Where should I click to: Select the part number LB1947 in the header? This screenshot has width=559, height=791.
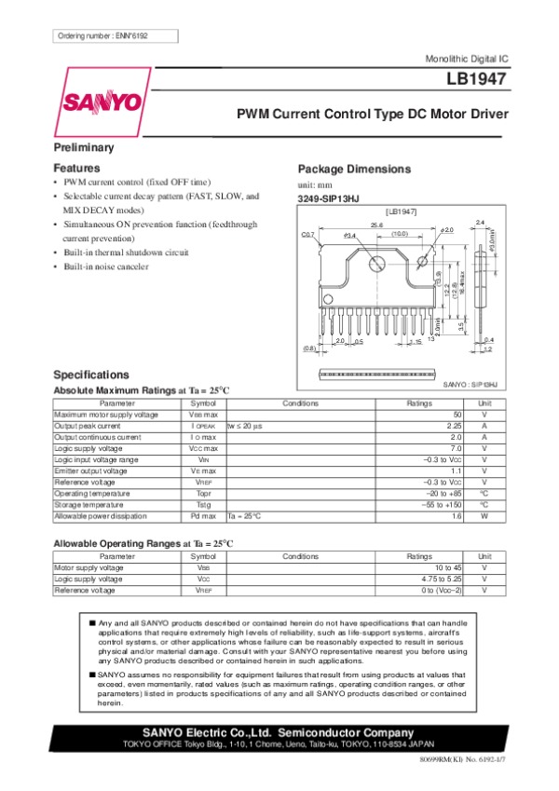[x=476, y=80]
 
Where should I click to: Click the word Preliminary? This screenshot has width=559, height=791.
[x=84, y=148]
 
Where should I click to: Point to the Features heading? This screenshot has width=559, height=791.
[x=76, y=168]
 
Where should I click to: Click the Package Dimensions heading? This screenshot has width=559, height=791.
[x=353, y=169]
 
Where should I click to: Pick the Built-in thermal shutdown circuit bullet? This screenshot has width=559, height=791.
[x=126, y=253]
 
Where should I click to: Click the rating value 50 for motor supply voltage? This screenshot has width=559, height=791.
[x=457, y=414]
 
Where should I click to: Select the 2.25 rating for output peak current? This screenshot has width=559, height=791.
[x=454, y=425]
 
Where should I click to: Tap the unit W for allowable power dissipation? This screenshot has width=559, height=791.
[x=484, y=515]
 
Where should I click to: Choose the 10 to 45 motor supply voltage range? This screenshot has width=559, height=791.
[x=448, y=566]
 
